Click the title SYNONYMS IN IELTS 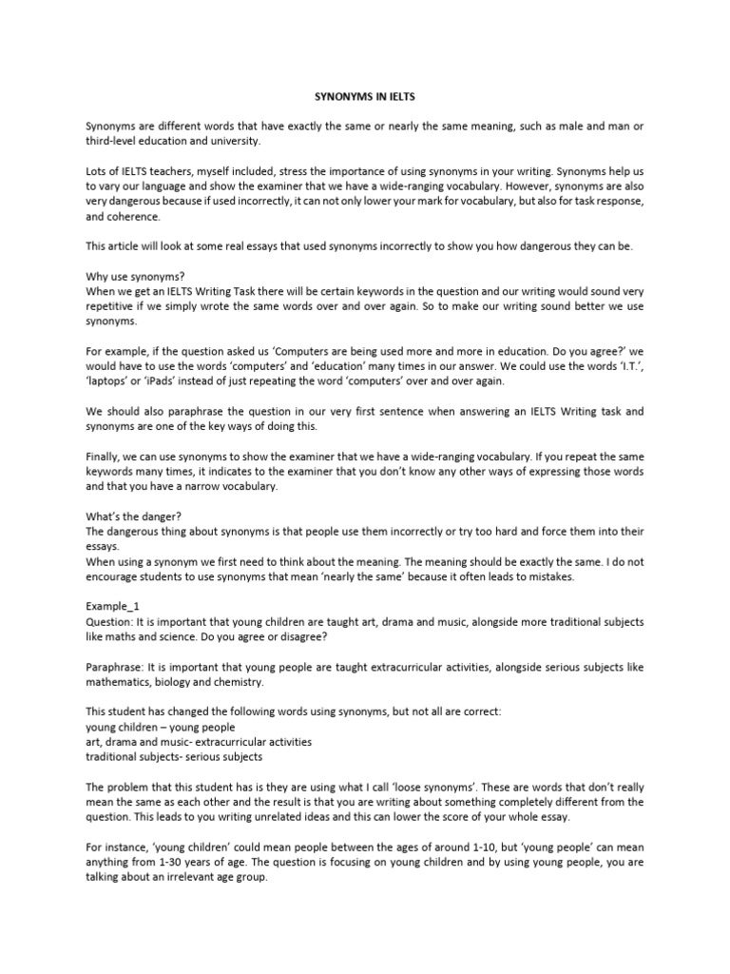click(x=364, y=96)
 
